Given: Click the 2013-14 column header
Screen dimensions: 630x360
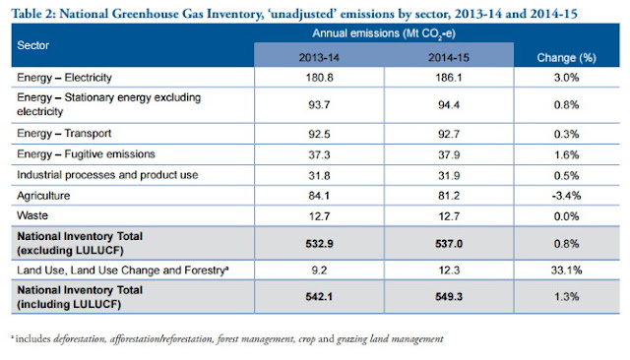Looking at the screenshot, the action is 319,58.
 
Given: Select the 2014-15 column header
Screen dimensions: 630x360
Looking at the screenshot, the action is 449,58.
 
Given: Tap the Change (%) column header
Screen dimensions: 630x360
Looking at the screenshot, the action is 567,58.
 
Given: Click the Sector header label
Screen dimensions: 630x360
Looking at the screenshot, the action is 32,45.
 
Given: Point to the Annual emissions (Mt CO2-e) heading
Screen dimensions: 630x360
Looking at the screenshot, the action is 384,33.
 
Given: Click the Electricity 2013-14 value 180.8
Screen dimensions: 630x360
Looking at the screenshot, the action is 319,78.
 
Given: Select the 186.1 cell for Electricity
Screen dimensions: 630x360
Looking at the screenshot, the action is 449,78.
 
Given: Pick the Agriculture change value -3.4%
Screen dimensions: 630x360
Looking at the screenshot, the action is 566,196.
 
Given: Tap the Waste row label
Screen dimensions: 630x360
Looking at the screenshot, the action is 32,215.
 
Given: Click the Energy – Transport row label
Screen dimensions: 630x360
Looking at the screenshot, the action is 64,133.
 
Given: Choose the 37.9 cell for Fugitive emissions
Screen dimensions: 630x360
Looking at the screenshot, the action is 449,154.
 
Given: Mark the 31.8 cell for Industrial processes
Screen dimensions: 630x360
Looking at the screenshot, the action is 319,176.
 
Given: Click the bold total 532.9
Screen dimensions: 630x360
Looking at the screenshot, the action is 319,244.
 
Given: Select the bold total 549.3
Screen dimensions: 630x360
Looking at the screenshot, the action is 449,297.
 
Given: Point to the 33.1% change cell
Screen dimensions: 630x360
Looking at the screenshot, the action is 567,270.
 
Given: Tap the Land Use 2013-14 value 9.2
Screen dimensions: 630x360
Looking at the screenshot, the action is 319,270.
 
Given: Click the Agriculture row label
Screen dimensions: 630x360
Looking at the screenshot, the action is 43,196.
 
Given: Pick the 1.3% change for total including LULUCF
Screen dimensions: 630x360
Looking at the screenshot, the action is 567,297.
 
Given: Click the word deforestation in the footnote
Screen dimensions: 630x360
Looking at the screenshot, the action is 80,339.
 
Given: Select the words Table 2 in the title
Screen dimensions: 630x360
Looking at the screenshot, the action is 33,14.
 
